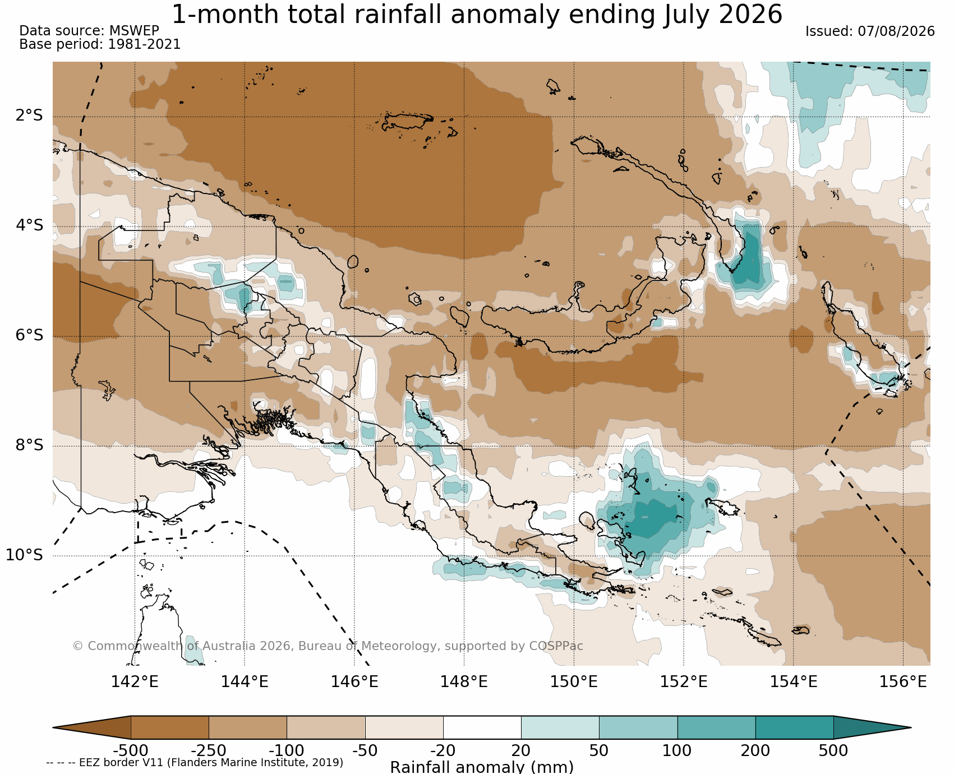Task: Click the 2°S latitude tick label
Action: (x=29, y=116)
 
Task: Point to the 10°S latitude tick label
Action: (x=24, y=555)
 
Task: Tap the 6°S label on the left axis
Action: (x=29, y=335)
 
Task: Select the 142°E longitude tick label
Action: (x=135, y=681)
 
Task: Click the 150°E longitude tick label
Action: (x=574, y=681)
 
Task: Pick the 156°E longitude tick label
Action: (x=903, y=681)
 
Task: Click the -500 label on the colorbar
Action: (x=131, y=750)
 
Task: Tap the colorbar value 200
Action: (x=755, y=750)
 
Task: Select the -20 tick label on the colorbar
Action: (x=443, y=750)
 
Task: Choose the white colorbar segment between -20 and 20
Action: (x=482, y=727)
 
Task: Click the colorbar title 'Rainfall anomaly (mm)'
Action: (x=482, y=767)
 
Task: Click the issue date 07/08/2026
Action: (x=896, y=31)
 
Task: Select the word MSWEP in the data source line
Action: (x=134, y=31)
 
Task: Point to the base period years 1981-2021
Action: (x=144, y=44)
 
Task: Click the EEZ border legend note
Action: (x=195, y=763)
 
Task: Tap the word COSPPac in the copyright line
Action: (x=556, y=646)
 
